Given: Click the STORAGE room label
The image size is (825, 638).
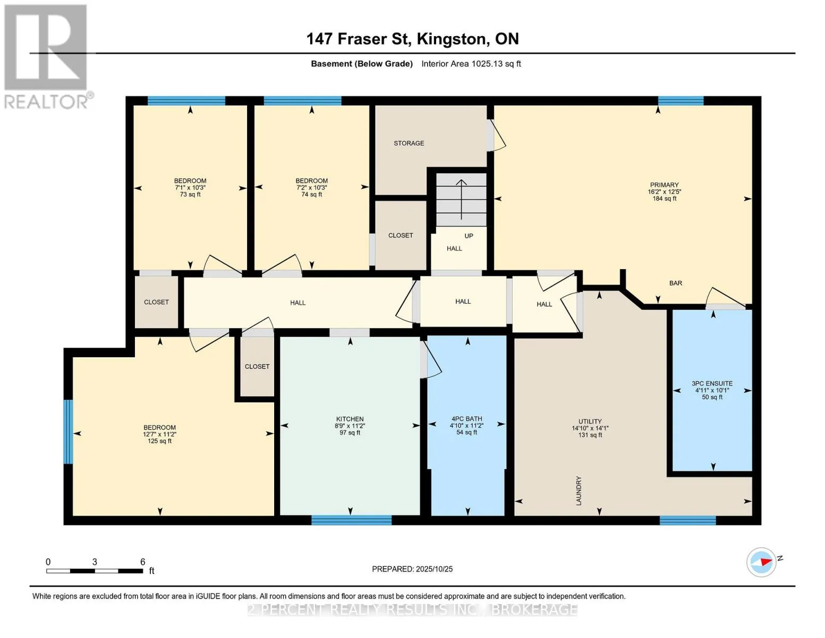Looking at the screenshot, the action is [409, 143].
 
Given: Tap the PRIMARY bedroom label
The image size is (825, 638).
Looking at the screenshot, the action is [664, 185].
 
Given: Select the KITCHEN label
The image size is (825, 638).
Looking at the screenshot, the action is [350, 419].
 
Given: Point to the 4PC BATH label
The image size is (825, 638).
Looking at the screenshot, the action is [466, 419].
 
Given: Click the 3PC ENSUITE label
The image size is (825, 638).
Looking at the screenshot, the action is [712, 384].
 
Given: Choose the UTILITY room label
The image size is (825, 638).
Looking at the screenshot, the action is [590, 422].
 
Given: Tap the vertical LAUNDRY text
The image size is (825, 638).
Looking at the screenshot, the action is [579, 491].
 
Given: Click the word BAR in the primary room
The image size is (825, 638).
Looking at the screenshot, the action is [676, 283].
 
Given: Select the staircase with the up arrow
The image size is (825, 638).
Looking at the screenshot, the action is [461, 200].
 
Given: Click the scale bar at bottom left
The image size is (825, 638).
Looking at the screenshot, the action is [95, 571].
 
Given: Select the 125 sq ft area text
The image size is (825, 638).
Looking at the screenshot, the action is [159, 441].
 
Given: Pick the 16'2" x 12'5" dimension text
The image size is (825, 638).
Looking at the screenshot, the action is [665, 192].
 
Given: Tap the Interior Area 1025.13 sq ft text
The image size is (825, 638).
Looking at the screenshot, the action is [471, 64].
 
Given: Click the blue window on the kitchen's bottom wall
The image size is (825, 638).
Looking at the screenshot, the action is [351, 520].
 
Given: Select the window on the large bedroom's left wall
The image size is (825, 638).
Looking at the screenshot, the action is [68, 432].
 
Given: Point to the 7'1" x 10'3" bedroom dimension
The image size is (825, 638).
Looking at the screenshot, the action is [190, 188].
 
